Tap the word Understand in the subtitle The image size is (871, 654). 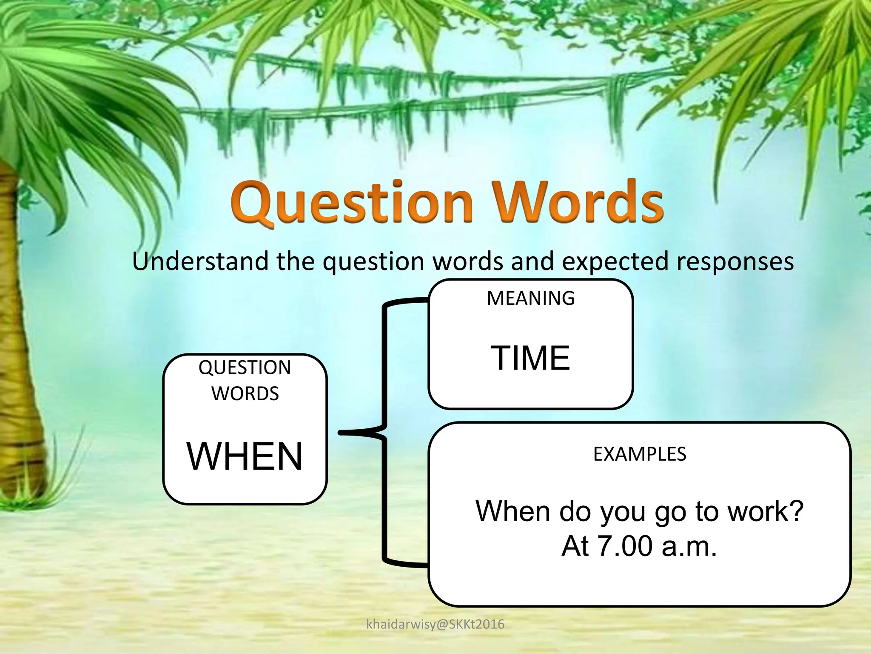[x=200, y=261]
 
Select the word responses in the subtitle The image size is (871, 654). [x=735, y=262]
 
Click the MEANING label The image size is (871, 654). [x=530, y=298]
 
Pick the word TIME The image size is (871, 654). [x=530, y=359]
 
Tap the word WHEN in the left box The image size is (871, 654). [x=245, y=456]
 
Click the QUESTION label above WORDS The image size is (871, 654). [x=245, y=367]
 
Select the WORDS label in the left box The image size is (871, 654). [x=245, y=393]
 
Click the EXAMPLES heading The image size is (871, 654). [x=639, y=454]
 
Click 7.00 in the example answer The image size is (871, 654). [x=625, y=546]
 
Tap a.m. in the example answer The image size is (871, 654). [x=689, y=546]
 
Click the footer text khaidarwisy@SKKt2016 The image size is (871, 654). [x=435, y=625]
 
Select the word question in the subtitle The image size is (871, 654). [x=373, y=262]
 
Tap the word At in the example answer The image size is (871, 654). [x=575, y=546]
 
